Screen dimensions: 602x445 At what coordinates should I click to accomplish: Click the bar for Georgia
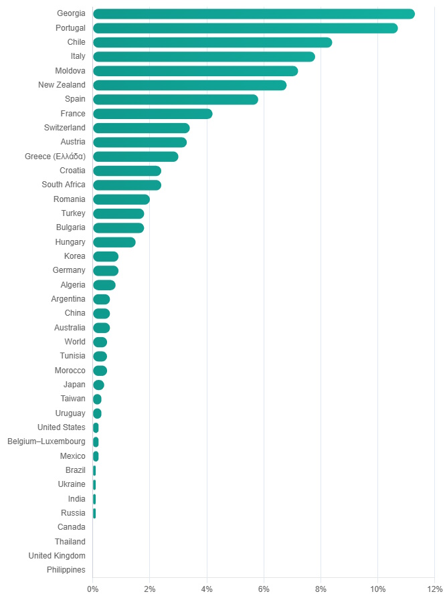click(x=254, y=14)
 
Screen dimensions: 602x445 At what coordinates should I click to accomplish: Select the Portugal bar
click(x=245, y=28)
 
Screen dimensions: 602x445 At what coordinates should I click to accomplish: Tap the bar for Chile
click(x=212, y=43)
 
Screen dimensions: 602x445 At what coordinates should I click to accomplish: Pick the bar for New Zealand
click(x=189, y=85)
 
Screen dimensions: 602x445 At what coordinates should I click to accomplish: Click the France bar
click(x=153, y=114)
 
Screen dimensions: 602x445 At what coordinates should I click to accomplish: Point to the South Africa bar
click(x=127, y=185)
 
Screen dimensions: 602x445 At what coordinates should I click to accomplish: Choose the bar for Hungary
click(x=114, y=242)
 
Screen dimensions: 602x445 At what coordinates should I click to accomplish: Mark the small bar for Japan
click(x=98, y=385)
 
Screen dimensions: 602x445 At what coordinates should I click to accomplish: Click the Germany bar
click(x=106, y=271)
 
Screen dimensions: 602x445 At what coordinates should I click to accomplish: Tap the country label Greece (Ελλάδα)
click(x=55, y=157)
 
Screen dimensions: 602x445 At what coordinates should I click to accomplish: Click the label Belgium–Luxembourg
click(x=47, y=442)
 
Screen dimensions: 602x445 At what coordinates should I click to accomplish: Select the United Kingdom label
click(x=57, y=556)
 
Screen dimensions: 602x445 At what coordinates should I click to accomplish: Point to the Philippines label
click(x=66, y=570)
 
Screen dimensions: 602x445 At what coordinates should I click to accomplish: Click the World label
click(x=75, y=342)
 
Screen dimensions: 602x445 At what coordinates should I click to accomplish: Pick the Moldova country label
click(x=70, y=71)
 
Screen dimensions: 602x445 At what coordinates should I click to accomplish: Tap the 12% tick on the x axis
click(x=435, y=589)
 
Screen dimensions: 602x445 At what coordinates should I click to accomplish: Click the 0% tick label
click(x=93, y=589)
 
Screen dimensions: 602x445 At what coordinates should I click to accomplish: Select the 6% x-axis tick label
click(x=264, y=589)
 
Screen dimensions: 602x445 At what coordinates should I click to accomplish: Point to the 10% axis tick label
click(x=378, y=589)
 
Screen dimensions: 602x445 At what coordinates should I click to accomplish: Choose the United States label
click(x=62, y=427)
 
